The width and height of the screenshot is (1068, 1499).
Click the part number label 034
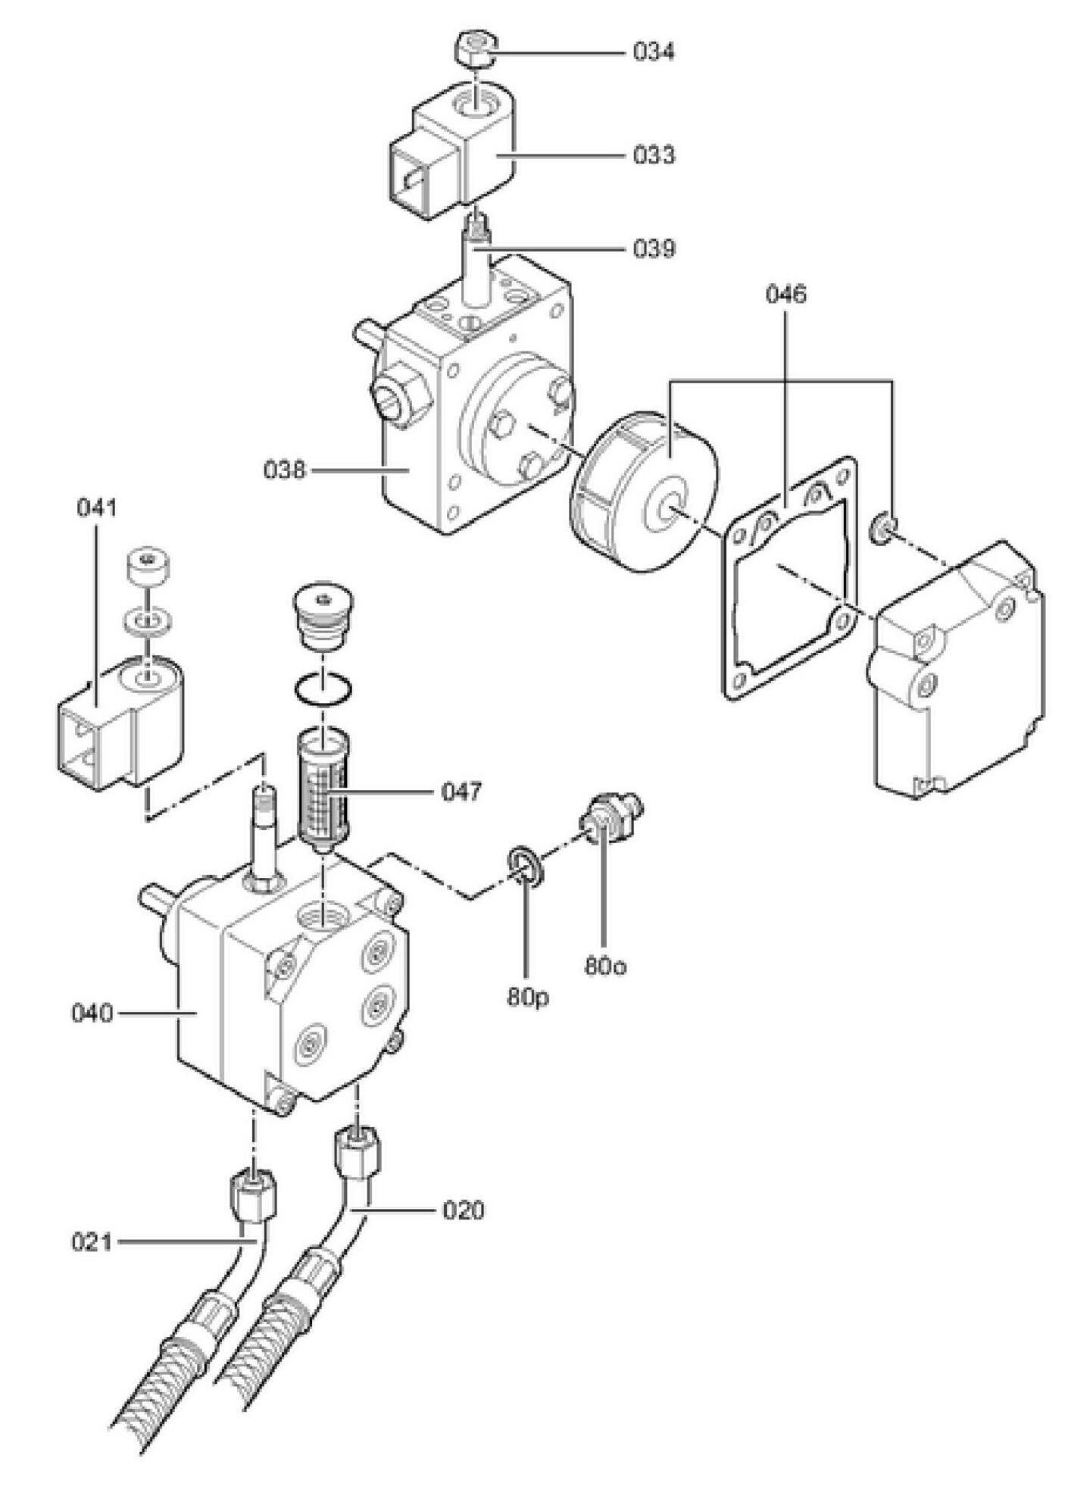[x=653, y=52]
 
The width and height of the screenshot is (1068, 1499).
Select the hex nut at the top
[x=476, y=50]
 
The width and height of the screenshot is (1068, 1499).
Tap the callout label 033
[x=653, y=155]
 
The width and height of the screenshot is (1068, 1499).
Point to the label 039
[x=653, y=249]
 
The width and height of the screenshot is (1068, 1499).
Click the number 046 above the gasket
[x=785, y=294]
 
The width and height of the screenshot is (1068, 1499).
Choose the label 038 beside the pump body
[x=284, y=470]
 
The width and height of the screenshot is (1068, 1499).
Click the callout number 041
[x=97, y=507]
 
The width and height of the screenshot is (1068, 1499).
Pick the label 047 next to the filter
[x=461, y=792]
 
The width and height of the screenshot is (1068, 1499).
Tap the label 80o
[x=605, y=967]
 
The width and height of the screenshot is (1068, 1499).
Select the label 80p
[x=528, y=998]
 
